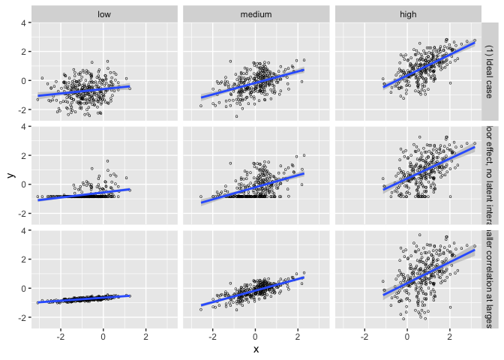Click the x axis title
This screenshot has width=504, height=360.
click(x=256, y=349)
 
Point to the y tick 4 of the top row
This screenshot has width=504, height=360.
click(x=25, y=22)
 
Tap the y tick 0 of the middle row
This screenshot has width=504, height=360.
click(x=25, y=184)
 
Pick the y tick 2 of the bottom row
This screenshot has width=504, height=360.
click(x=25, y=259)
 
